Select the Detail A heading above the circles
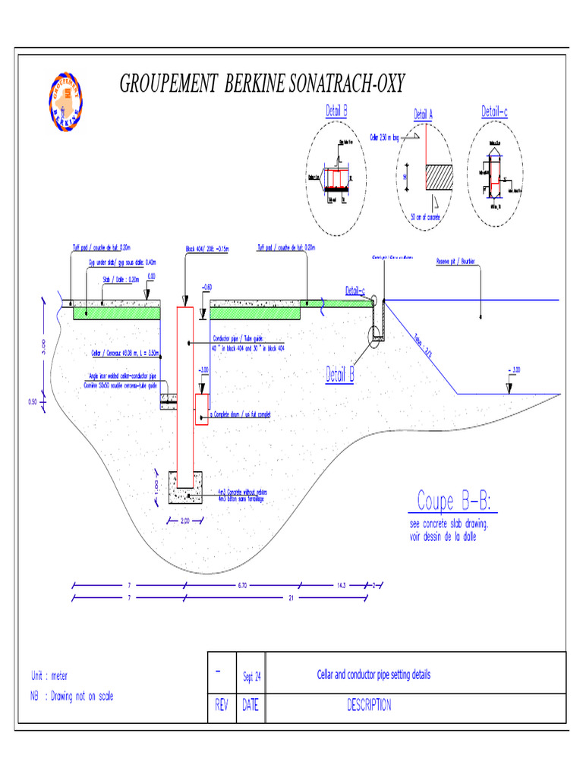tap(423, 115)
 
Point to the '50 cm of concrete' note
tap(425, 217)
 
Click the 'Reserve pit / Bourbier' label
tap(455, 262)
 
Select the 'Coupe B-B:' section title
tap(454, 502)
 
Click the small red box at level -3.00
tap(202, 409)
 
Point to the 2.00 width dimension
tap(184, 521)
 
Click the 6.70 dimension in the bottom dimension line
tap(243, 585)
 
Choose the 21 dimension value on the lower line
tap(291, 599)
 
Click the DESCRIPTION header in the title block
tap(369, 706)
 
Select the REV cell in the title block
tap(222, 706)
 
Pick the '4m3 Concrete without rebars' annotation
tap(242, 492)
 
